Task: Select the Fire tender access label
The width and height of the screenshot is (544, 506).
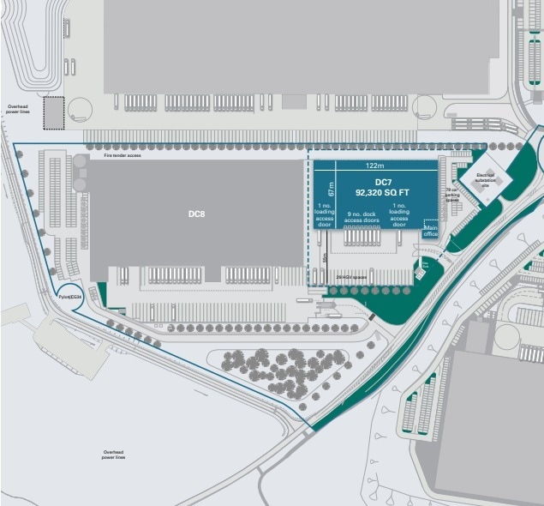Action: click(x=122, y=156)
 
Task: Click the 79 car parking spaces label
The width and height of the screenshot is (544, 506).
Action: click(x=453, y=194)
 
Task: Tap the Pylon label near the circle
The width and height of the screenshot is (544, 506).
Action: click(x=69, y=296)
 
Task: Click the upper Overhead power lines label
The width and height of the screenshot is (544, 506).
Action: click(x=18, y=110)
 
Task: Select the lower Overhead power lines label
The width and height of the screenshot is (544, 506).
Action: click(x=114, y=455)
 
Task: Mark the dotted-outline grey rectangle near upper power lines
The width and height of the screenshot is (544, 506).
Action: click(x=53, y=112)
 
